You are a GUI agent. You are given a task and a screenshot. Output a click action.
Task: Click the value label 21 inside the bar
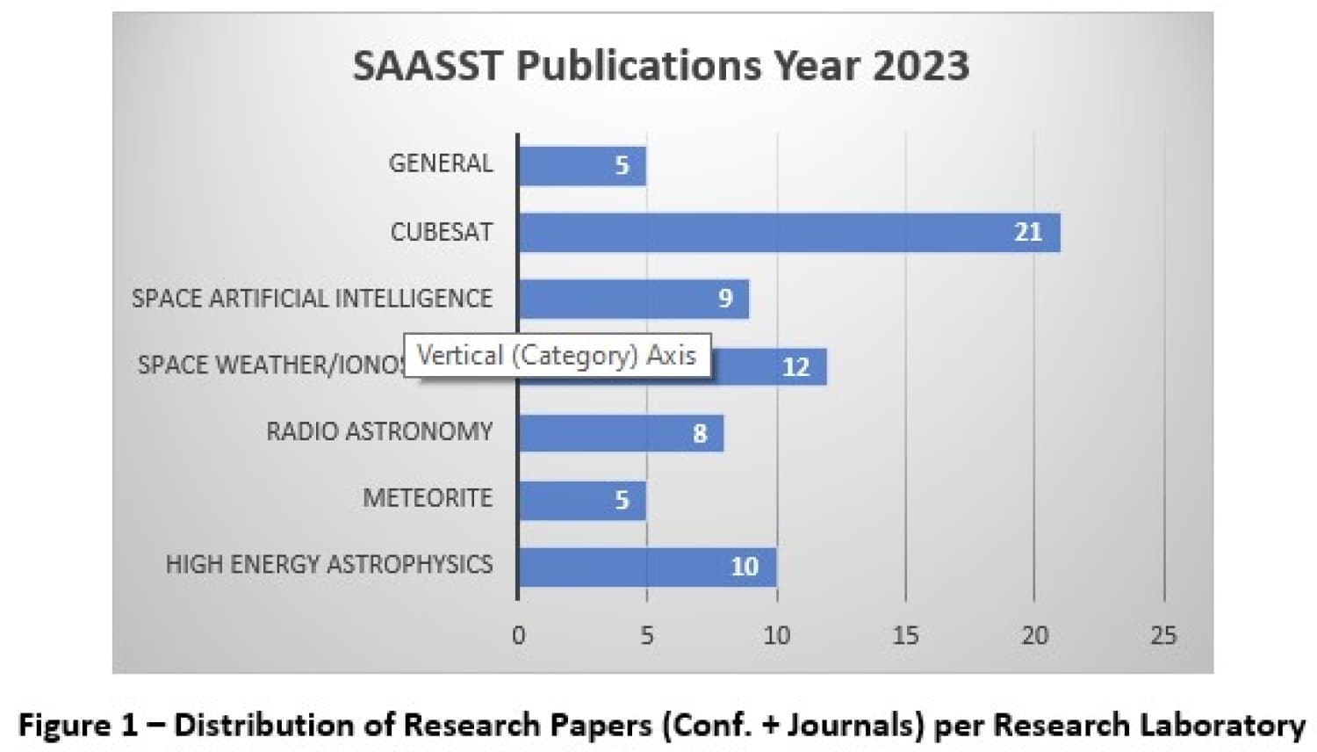click(1027, 232)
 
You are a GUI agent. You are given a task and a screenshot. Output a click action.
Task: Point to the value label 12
click(795, 366)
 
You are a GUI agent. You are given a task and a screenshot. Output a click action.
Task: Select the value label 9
click(725, 299)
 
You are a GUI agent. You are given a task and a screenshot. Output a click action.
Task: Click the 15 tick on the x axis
click(905, 635)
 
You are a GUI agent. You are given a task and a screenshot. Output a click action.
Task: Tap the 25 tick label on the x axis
click(1162, 635)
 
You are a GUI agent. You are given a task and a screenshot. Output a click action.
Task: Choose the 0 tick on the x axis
click(519, 635)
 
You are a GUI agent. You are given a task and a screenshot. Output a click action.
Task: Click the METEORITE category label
click(428, 498)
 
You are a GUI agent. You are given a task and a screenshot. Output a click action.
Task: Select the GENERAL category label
click(441, 163)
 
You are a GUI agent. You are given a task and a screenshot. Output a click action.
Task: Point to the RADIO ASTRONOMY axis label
click(379, 431)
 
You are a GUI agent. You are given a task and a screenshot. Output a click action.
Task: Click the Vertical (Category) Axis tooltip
click(557, 356)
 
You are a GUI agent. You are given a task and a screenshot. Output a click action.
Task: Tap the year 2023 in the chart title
click(920, 65)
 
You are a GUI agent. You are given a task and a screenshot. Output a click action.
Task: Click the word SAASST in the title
click(428, 65)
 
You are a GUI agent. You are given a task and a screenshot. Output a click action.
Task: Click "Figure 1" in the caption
click(78, 726)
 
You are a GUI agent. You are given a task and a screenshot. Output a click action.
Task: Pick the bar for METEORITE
click(581, 500)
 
